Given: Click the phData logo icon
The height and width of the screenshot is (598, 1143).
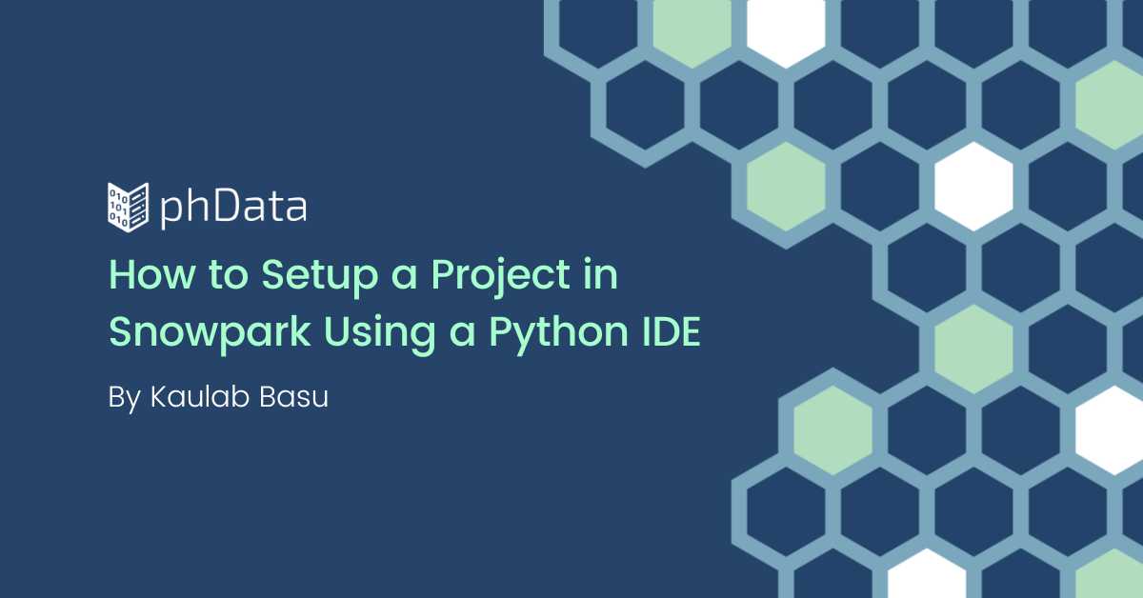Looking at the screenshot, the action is [128, 208].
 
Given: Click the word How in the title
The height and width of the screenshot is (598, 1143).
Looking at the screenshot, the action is [152, 274].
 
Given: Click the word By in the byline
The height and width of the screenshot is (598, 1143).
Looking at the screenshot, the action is [125, 398].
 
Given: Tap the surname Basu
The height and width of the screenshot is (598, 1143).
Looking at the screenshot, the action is [294, 397].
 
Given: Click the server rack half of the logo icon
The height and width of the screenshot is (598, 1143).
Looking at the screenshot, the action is [139, 208].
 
